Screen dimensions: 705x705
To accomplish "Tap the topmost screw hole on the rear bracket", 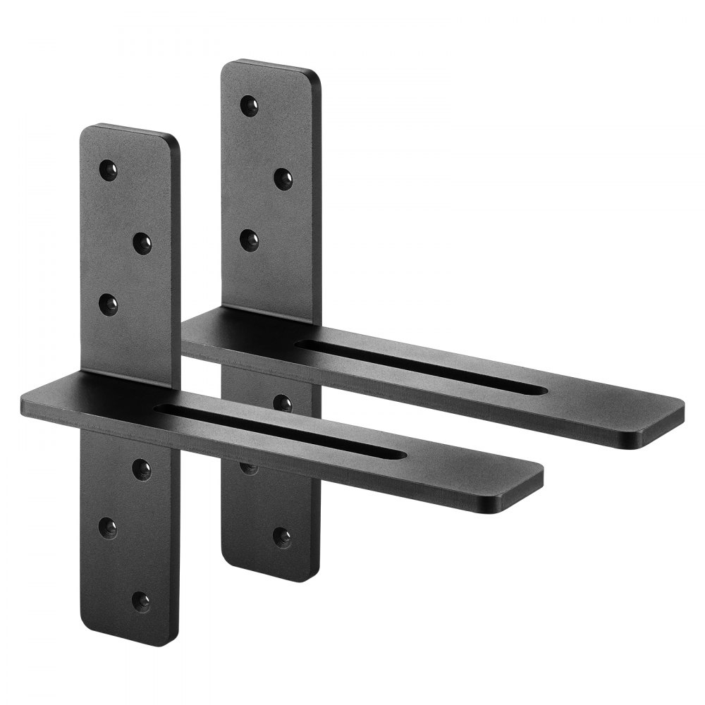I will pos(247,105).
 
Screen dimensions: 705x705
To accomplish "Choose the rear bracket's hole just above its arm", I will pos(247,239).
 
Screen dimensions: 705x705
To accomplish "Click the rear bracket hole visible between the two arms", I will pos(282,403).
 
